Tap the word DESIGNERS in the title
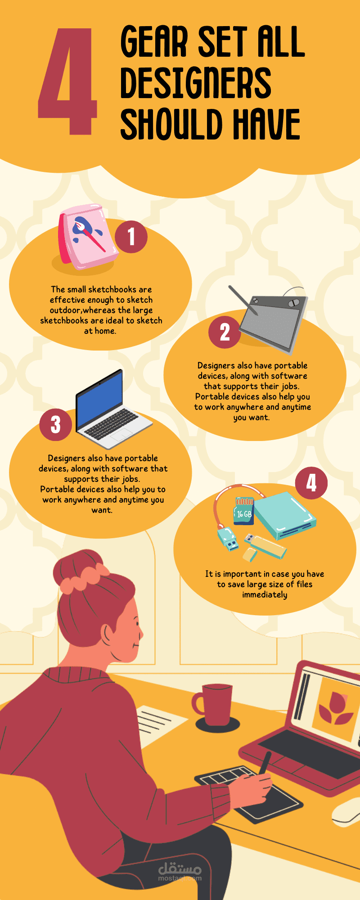196,83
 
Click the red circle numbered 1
131,236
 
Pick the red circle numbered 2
225,332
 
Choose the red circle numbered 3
55,424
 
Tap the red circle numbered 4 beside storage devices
311,483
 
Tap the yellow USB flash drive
264,547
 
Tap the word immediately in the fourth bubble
265,595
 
